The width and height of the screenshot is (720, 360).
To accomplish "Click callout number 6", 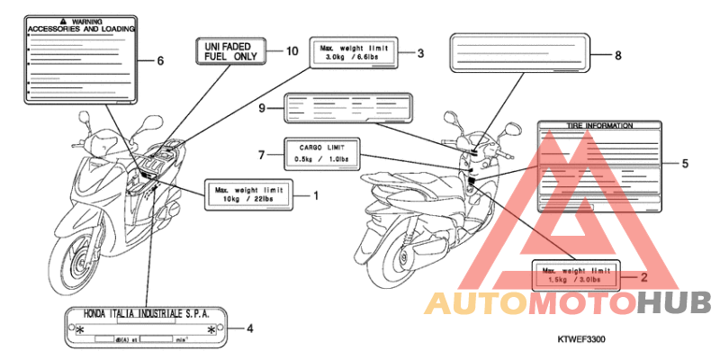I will tap(160, 61).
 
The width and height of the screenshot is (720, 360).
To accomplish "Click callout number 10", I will tap(291, 51).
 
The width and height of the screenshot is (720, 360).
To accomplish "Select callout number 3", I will tap(419, 53).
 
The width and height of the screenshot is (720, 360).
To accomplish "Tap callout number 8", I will tap(618, 55).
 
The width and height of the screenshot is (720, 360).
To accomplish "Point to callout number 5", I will tap(684, 164).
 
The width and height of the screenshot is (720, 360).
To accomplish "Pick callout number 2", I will tap(643, 276).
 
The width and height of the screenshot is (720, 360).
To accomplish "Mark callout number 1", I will tap(316, 193).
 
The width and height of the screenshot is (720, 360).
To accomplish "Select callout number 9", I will tap(262, 108).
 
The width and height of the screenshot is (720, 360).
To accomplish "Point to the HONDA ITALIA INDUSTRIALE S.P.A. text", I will tap(145, 313).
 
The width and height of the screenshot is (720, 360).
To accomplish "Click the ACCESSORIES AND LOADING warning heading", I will tap(81, 29).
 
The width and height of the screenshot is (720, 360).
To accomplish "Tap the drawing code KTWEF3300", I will tap(580, 340).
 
